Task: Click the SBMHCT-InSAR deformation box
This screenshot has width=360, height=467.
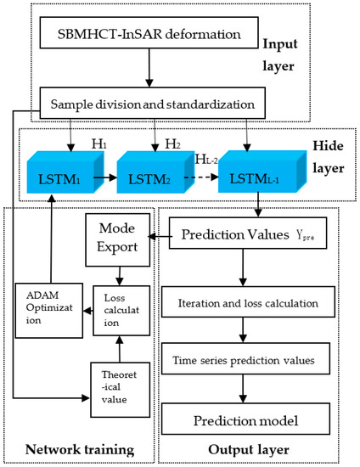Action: tap(143, 37)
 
